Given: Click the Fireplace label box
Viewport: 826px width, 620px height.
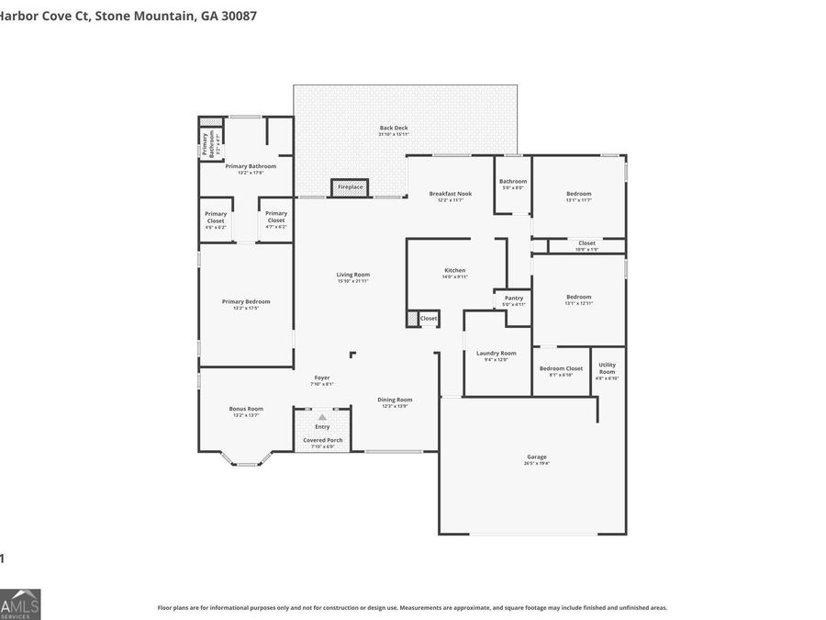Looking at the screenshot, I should pos(350,187).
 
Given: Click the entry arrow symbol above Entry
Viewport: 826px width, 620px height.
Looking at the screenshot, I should pos(322,417).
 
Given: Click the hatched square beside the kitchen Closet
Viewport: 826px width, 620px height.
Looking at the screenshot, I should pos(412,319).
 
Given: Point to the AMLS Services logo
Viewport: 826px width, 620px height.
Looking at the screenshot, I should pos(20,603).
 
